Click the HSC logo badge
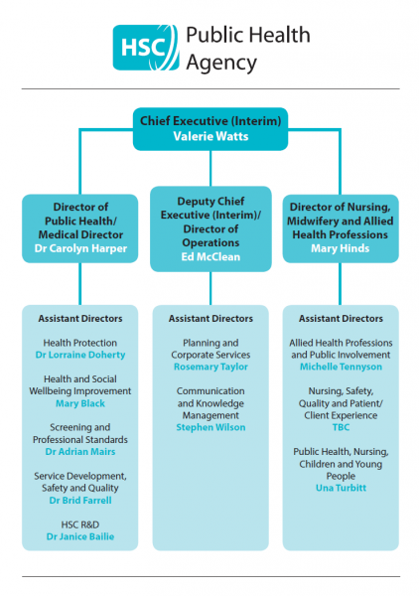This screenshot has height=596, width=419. tap(146, 48)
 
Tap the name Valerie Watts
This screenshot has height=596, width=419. tap(210, 136)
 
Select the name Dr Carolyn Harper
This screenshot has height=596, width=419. tap(80, 248)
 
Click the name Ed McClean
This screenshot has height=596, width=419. tap(210, 257)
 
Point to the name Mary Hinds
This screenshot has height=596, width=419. tap(341, 248)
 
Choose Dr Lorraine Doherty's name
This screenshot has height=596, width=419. tap(80, 355)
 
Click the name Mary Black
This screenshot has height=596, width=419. tap(80, 403)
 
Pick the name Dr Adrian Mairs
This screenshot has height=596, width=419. tap(80, 452)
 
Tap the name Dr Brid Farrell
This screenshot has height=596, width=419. tap(80, 501)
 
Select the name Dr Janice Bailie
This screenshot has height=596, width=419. tap(80, 536)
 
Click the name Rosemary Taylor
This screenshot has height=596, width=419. tap(210, 367)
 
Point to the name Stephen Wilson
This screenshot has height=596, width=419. tap(210, 427)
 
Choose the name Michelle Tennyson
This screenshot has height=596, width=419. tap(341, 367)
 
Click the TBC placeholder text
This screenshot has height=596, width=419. tap(341, 427)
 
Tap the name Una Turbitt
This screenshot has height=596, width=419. tap(341, 488)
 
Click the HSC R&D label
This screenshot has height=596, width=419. tap(80, 524)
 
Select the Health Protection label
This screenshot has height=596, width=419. tap(80, 343)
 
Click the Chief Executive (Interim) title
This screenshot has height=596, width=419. tap(210, 121)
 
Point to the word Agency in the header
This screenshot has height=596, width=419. tap(221, 63)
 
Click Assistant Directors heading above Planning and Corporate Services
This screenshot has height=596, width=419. tap(210, 319)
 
